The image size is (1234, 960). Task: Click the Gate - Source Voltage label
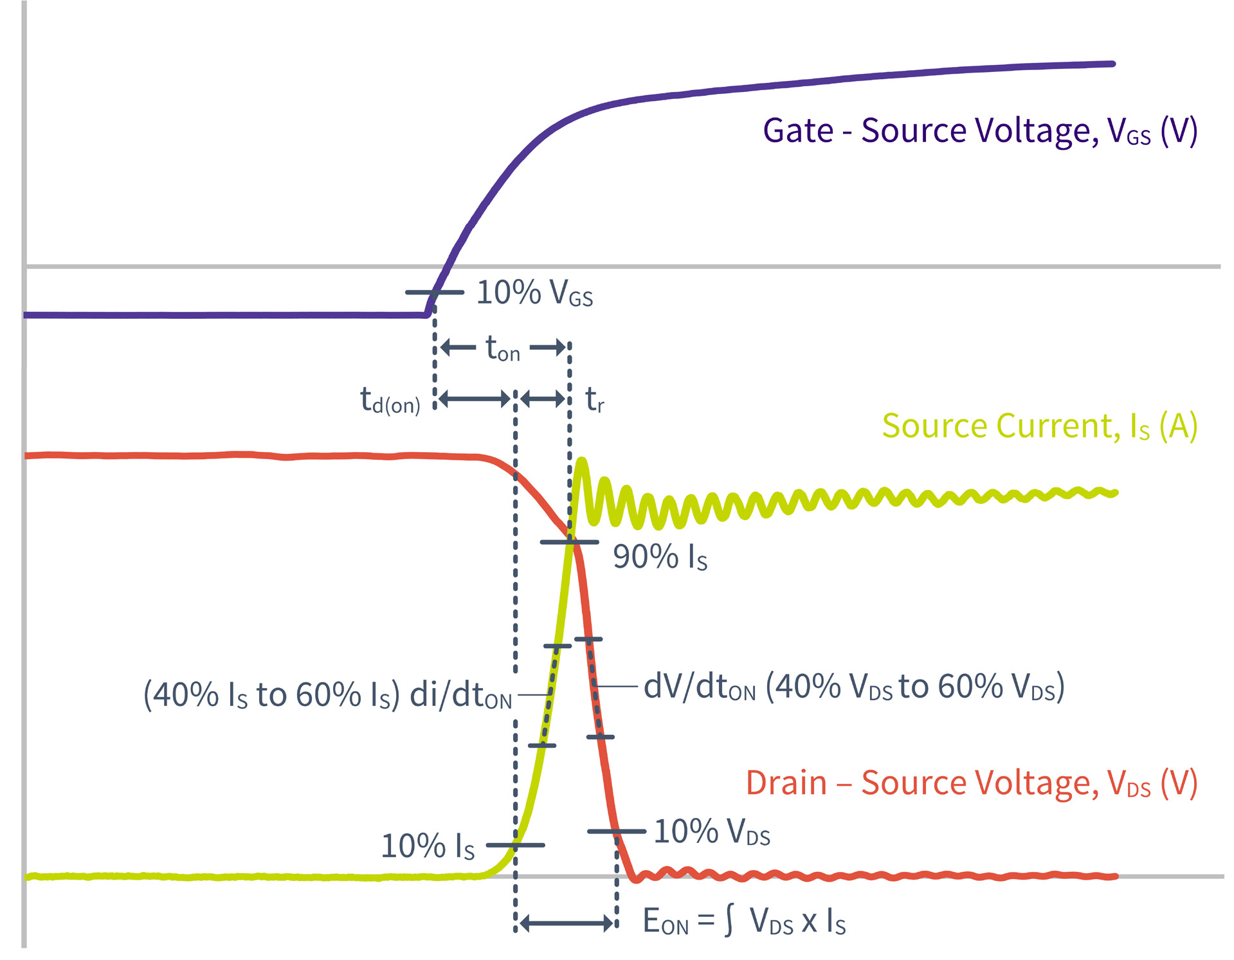979,131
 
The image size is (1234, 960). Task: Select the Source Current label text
1039,426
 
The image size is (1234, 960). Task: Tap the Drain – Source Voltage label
971,783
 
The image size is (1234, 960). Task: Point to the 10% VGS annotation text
534,293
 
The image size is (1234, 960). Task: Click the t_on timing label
502,349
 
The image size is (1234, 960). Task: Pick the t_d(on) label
390,401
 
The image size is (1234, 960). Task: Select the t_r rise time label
595,400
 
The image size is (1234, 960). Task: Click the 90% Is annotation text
660,557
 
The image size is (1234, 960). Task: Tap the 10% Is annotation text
428,846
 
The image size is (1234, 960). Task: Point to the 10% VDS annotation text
712,832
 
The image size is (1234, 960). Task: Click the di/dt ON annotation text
328,695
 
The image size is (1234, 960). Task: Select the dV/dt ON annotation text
854,687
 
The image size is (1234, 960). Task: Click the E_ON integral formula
744,921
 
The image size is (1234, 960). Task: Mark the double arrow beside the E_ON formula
567,924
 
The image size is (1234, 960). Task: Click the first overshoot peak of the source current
582,461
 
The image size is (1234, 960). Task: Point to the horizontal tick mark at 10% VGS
434,293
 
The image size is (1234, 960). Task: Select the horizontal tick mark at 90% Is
569,543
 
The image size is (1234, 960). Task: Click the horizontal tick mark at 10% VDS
616,831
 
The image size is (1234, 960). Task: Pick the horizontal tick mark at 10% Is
515,845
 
